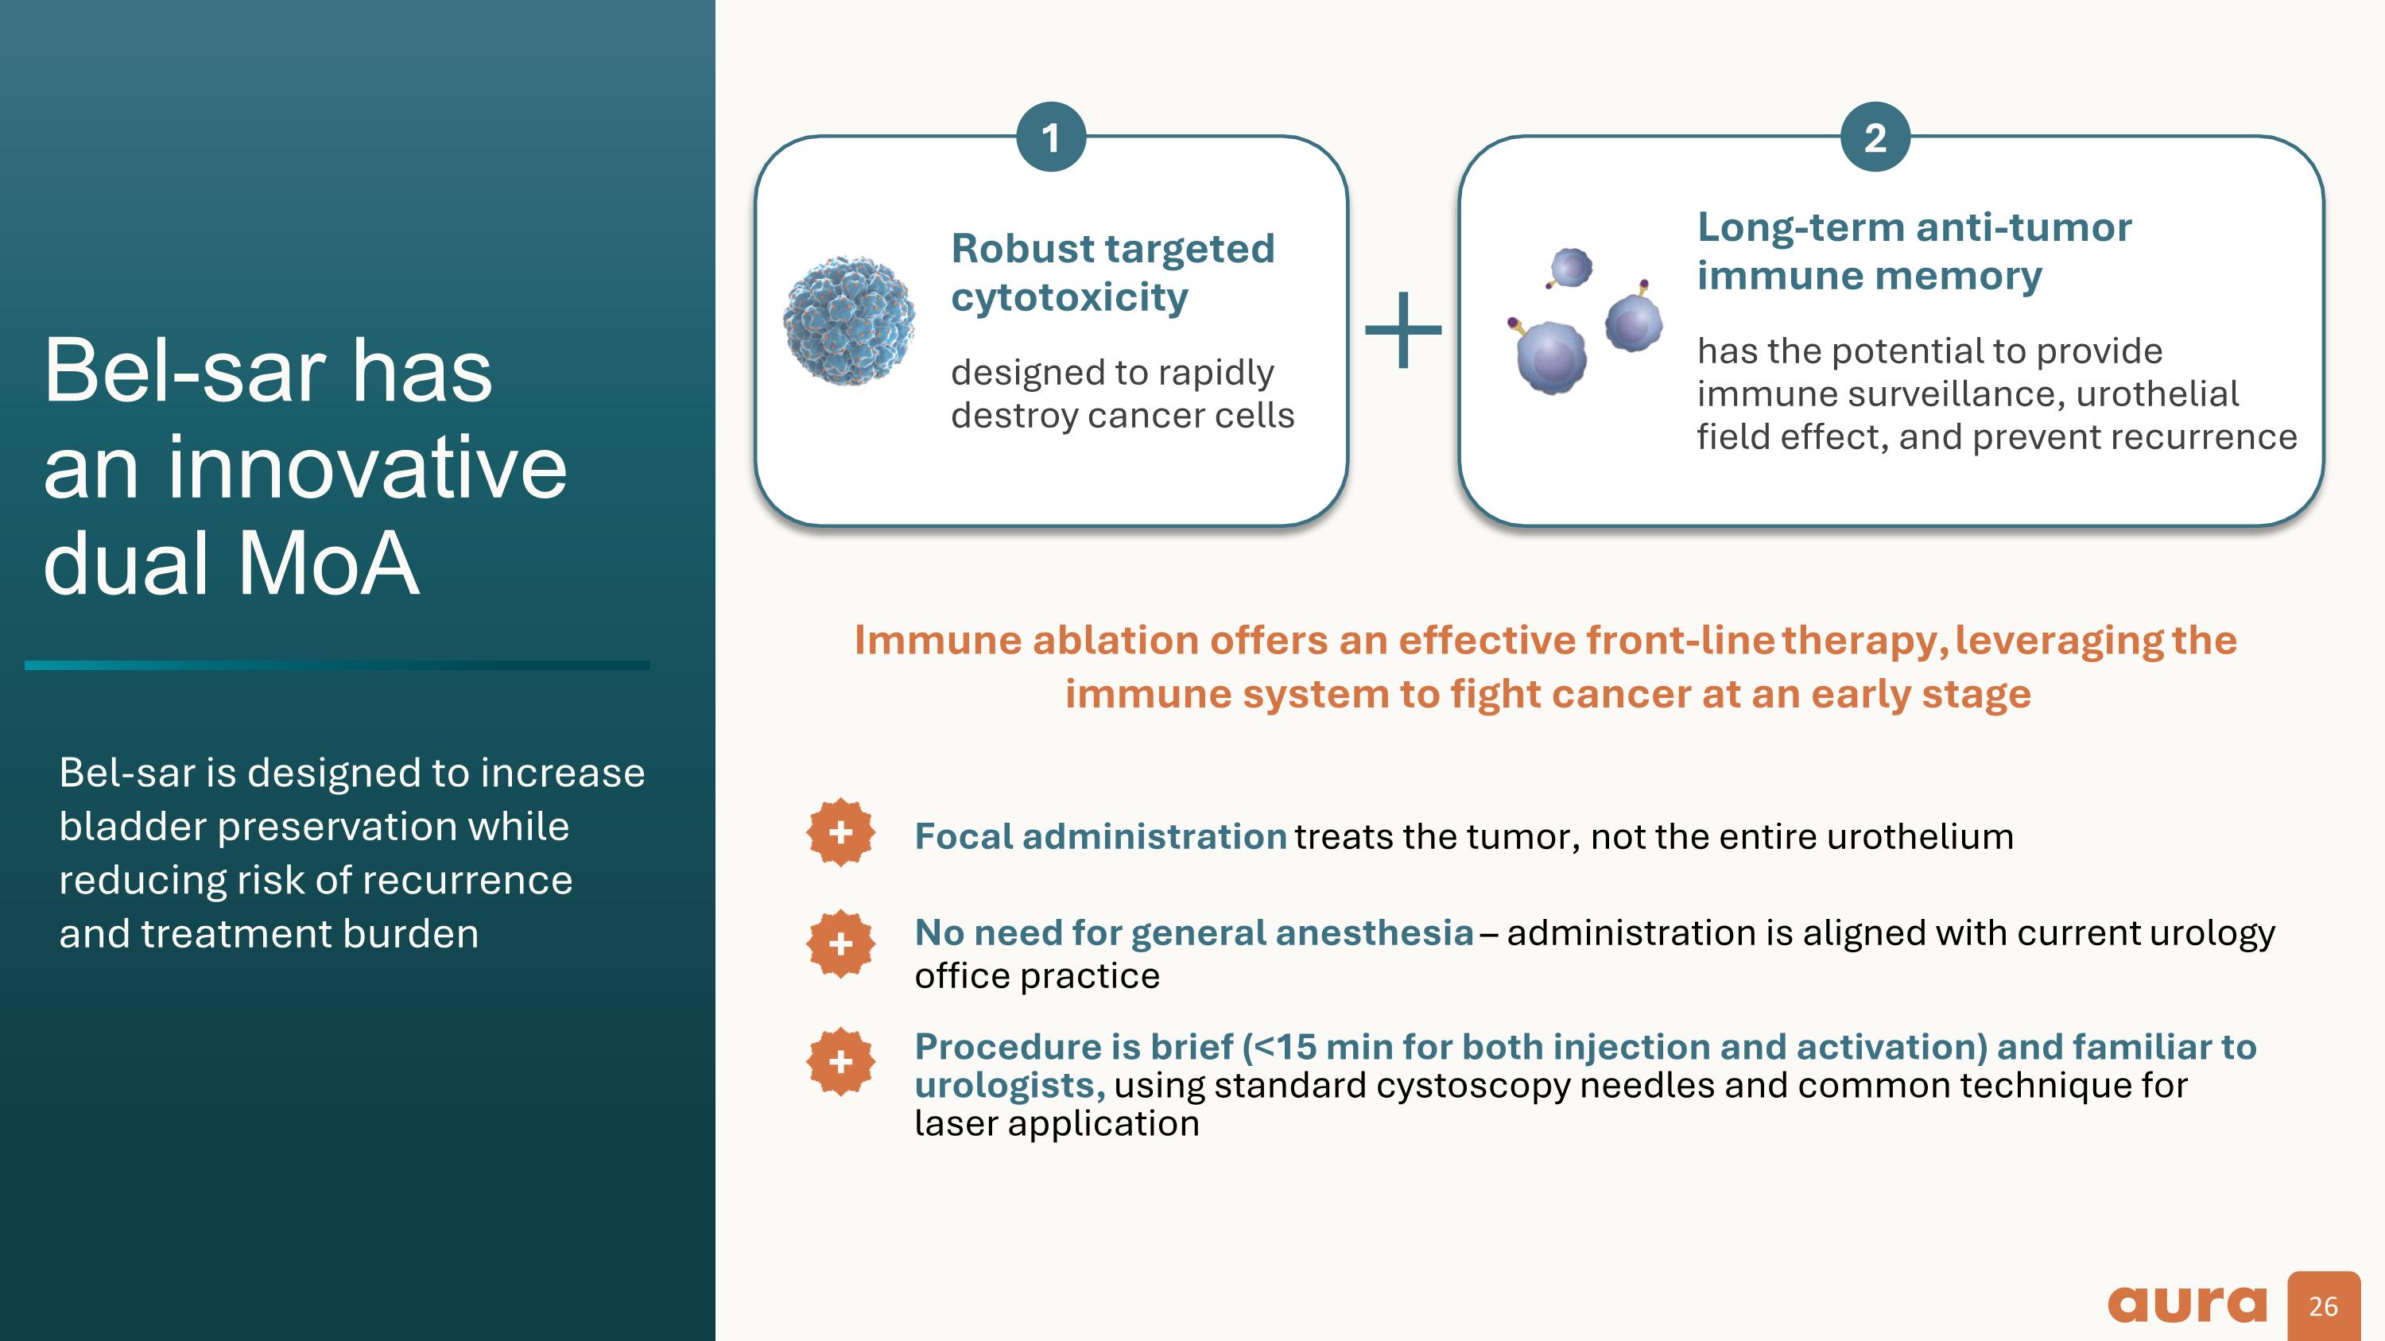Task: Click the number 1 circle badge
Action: click(1051, 137)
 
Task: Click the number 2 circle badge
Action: click(1875, 137)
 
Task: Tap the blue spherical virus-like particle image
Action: click(849, 320)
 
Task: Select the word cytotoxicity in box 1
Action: click(1069, 297)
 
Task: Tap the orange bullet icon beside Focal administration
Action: click(840, 832)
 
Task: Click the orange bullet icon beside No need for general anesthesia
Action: click(840, 944)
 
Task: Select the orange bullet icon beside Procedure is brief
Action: click(840, 1060)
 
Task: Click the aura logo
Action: click(2187, 1304)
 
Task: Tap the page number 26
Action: click(2323, 1306)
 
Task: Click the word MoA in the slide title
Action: click(328, 563)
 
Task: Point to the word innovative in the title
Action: click(366, 467)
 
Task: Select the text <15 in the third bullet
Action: click(1283, 1047)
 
